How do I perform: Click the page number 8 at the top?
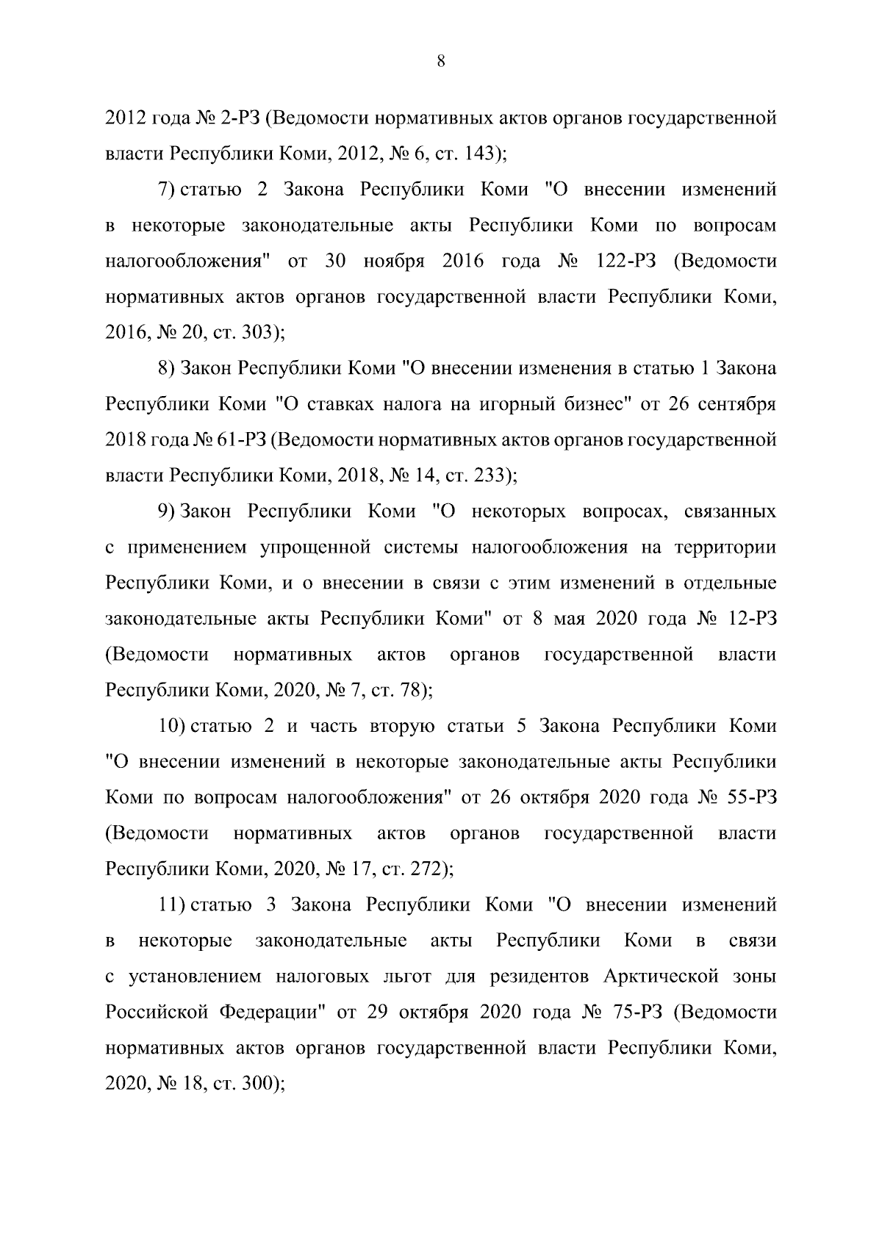tap(440, 62)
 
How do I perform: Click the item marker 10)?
tap(171, 726)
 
